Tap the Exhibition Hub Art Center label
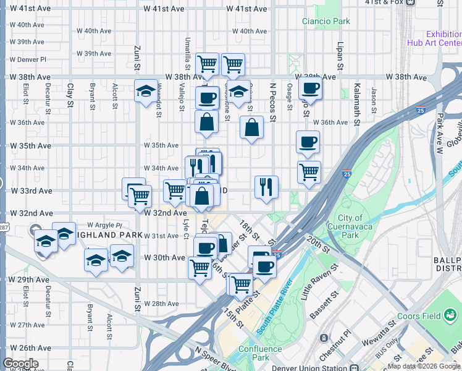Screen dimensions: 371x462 tap(434, 38)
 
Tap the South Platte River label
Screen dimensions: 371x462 tap(275, 307)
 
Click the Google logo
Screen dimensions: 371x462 tap(20, 364)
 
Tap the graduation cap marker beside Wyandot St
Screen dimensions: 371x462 tap(146, 92)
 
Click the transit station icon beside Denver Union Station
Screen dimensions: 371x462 tap(324, 339)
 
